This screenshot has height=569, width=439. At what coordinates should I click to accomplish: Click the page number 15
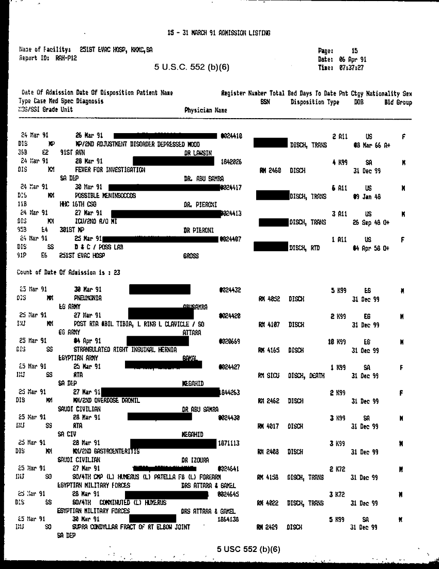click(x=354, y=51)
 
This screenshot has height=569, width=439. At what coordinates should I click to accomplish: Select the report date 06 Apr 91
click(x=353, y=59)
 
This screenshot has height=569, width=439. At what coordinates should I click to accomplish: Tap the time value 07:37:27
click(x=351, y=68)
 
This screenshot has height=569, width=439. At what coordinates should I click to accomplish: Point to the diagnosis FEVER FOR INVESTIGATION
click(x=110, y=170)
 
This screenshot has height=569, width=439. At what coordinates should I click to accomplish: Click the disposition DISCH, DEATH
click(x=306, y=376)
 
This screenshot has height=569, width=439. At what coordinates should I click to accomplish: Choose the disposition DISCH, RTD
click(x=304, y=248)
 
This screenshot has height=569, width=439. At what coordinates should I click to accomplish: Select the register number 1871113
click(x=228, y=443)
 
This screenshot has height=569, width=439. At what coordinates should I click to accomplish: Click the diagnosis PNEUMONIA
click(x=88, y=298)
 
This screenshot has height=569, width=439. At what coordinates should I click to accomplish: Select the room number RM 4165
click(x=269, y=350)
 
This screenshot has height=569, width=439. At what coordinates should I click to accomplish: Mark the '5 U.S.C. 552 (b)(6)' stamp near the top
click(x=191, y=67)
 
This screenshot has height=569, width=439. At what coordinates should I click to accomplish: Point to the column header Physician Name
click(x=206, y=110)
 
